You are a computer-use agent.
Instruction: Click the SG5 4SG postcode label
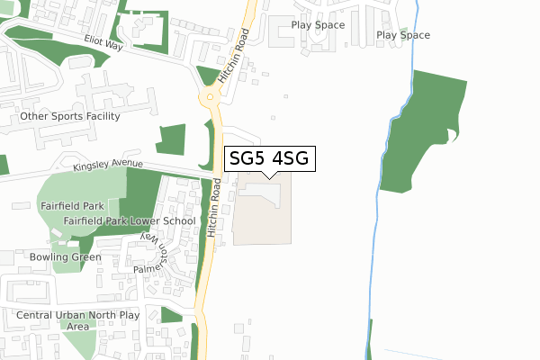[x=269, y=158]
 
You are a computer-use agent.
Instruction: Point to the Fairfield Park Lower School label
[x=130, y=220]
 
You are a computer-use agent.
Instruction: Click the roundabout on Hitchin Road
[x=211, y=96]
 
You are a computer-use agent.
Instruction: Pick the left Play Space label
[x=317, y=24]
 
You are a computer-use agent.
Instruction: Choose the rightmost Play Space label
[x=403, y=35]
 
